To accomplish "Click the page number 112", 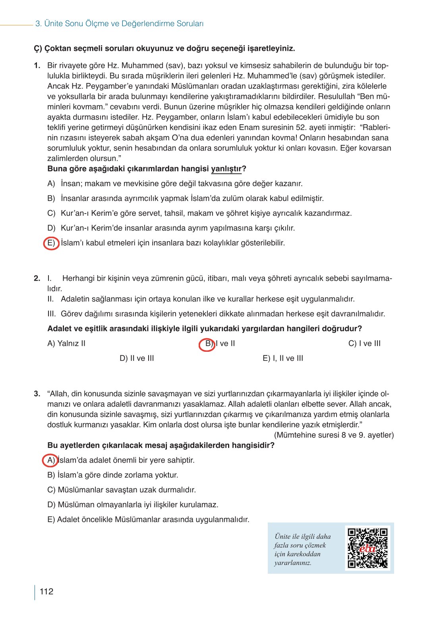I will pos(46,592).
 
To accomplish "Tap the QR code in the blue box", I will pos(367,548).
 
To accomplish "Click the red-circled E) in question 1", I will pos(51,243).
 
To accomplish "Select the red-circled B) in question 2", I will pos(207,344).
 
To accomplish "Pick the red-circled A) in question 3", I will pos(50,460).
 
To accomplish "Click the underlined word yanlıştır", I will pos(226,169).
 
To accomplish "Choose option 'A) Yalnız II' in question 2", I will pos(66,343).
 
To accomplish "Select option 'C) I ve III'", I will pos(364,343).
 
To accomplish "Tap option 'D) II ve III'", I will pos(137,358).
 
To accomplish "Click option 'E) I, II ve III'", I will pos(283,358).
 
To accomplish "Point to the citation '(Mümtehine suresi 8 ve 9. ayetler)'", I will pos(334,435).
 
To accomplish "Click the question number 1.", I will pos(37,66).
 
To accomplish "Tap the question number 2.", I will pos(37,278).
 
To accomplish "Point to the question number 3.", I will pos(37,394).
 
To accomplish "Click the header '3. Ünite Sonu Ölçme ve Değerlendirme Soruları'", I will pos(119,24).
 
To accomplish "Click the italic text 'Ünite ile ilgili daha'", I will pos(302,536).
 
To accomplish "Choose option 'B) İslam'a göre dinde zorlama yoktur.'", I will pos(113,475).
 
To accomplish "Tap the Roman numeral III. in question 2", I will pos(52,314).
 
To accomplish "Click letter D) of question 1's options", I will pos(51,228).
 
